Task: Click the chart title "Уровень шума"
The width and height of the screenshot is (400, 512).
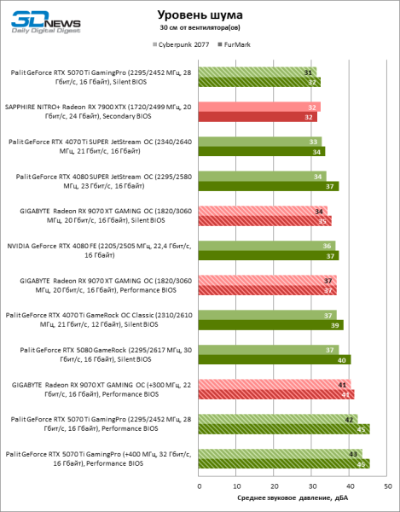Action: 200,15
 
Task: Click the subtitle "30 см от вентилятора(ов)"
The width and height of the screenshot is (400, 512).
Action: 200,29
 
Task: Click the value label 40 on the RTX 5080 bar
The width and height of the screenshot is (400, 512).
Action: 343,359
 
